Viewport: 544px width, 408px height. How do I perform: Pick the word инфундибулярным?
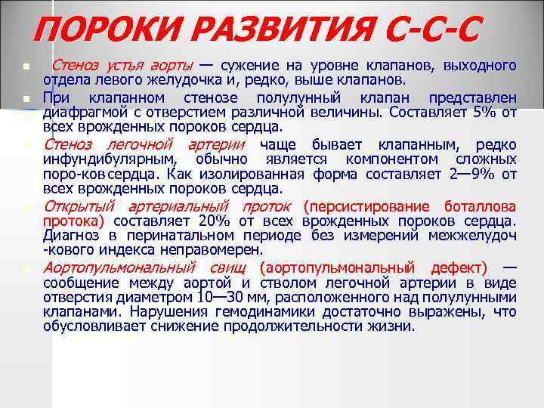coord(110,159)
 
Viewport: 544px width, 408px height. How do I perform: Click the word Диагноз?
coord(73,236)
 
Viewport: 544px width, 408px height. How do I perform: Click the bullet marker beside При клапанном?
coord(25,99)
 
